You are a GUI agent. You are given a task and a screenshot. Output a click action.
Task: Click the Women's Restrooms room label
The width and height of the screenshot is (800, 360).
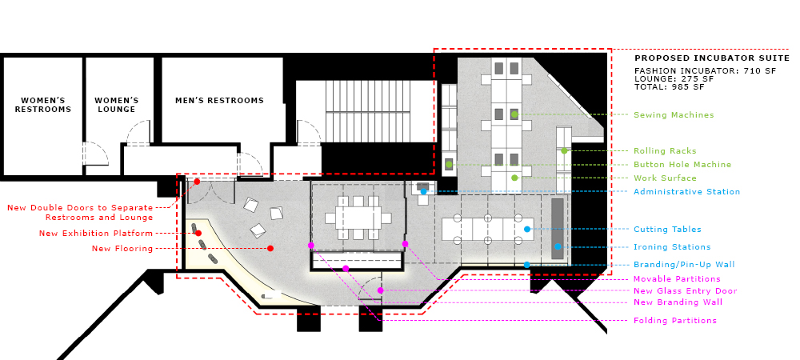[43, 105]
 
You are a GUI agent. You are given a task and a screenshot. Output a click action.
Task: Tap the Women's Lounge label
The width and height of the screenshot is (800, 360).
[116, 105]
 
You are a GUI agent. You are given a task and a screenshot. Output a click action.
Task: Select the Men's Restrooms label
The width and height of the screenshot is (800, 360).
[219, 101]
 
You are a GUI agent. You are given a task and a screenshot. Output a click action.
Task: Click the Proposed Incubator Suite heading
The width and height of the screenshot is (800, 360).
[712, 58]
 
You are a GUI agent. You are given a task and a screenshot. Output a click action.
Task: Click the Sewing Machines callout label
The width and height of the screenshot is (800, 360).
[674, 115]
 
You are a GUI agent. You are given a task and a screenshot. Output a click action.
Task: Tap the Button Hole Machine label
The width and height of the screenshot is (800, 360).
[682, 165]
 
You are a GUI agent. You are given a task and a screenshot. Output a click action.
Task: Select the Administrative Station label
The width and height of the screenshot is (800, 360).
[686, 192]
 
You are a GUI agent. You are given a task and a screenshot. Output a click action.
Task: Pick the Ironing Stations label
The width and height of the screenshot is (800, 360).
[672, 246]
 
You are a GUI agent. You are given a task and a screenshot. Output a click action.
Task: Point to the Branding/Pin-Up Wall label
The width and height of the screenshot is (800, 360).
[684, 265]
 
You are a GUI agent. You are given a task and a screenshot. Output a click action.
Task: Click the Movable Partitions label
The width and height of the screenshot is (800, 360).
[677, 279]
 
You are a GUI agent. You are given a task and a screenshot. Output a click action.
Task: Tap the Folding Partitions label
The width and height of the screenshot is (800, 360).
[675, 321]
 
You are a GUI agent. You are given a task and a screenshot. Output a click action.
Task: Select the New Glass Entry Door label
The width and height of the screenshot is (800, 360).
[686, 291]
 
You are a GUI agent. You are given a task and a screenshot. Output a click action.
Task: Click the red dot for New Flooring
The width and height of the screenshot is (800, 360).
[270, 248]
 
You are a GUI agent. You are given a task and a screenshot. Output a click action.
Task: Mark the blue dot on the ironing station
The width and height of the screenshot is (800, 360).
[558, 246]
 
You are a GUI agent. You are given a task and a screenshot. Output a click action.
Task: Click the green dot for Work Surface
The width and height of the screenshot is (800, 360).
[514, 178]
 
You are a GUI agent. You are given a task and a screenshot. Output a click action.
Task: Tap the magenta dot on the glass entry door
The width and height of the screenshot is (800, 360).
[380, 290]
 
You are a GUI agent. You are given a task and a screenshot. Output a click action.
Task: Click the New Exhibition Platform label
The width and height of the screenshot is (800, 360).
[96, 234]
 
